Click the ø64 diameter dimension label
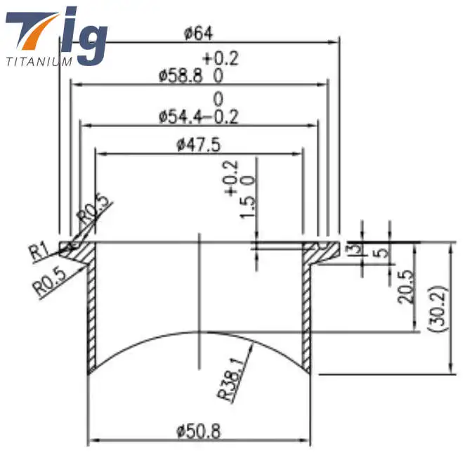click(199, 32)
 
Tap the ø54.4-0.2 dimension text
click(199, 116)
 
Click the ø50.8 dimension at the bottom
click(199, 432)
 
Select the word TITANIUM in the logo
click(39, 61)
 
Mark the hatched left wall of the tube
click(91, 316)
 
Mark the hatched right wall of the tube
click(307, 316)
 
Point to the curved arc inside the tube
click(199, 332)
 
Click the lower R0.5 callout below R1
click(49, 284)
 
